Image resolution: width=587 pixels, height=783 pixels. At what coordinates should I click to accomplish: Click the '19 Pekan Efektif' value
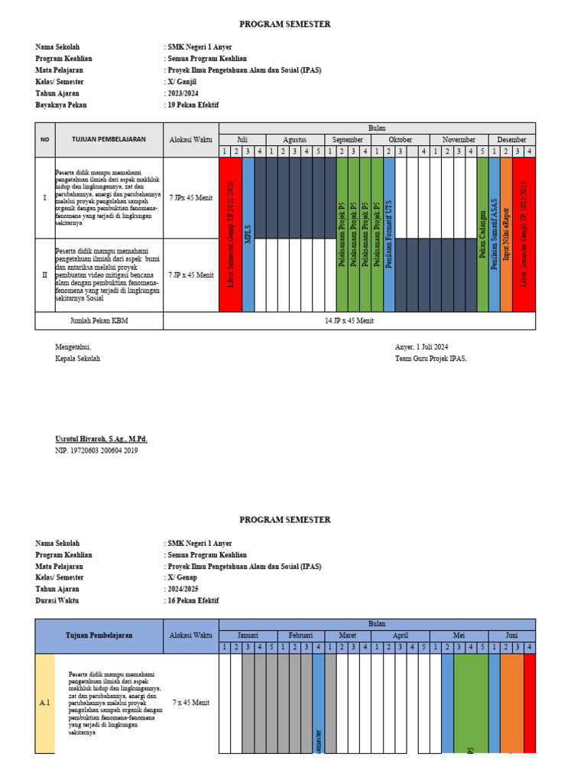click(193, 105)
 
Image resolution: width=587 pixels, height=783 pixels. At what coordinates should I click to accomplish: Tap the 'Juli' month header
click(242, 140)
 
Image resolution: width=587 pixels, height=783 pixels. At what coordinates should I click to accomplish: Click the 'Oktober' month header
click(400, 140)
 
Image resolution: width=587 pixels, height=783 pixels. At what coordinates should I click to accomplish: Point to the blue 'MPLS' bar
click(248, 235)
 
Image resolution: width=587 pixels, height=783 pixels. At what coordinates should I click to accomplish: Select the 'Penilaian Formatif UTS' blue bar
click(389, 235)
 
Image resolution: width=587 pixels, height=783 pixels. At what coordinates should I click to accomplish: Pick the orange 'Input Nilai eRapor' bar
click(506, 235)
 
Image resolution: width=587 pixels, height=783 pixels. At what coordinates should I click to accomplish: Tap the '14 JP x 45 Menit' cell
click(349, 321)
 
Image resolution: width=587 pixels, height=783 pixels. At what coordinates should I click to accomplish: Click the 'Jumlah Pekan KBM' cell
click(99, 321)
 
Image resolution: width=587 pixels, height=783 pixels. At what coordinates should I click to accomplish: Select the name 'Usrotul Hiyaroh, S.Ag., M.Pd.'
click(101, 440)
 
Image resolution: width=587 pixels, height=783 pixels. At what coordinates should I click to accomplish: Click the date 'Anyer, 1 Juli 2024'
click(424, 347)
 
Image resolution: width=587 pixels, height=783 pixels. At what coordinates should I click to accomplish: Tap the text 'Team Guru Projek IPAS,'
click(430, 359)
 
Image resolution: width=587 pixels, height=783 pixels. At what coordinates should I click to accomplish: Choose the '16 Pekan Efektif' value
click(193, 601)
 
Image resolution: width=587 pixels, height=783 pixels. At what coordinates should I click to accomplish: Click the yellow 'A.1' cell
click(45, 703)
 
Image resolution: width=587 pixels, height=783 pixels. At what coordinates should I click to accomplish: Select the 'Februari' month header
click(300, 635)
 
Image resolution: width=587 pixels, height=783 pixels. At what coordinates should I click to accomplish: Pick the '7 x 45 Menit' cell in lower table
click(191, 703)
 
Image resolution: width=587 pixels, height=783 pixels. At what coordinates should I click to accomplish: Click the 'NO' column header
click(44, 140)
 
